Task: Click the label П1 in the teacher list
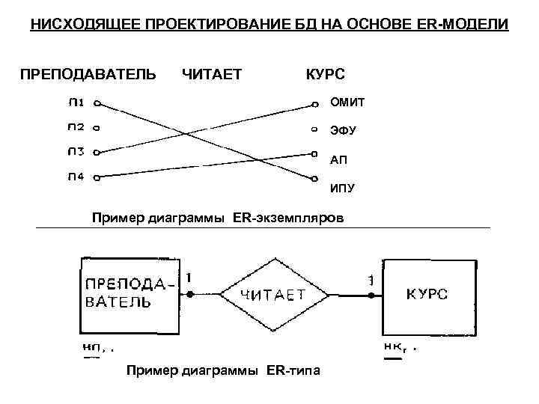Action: (76, 103)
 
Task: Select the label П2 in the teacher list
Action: (76, 127)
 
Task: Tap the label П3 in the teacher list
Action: (76, 152)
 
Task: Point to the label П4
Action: (76, 177)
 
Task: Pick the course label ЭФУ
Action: (344, 131)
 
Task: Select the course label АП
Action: (339, 159)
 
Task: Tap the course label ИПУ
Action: (343, 188)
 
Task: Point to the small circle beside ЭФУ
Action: (314, 129)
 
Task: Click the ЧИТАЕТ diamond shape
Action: (271, 294)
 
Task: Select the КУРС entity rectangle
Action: (427, 294)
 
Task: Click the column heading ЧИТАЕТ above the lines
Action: (212, 74)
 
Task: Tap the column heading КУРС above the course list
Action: (326, 74)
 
